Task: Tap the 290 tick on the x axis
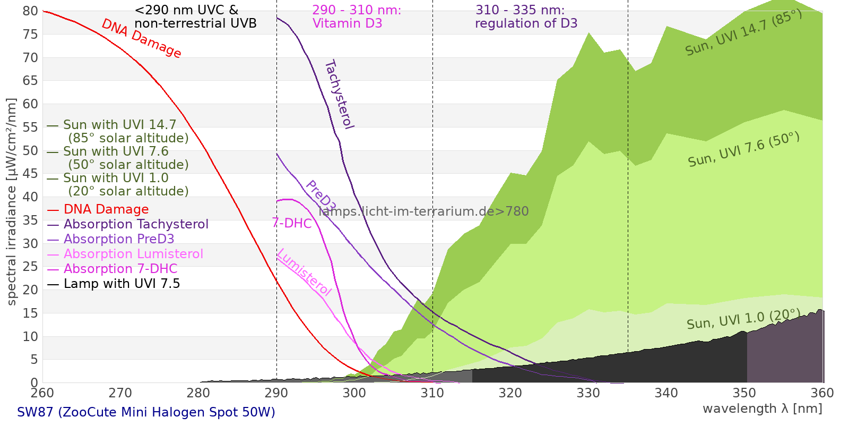click(x=276, y=393)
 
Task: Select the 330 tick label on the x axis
click(x=588, y=393)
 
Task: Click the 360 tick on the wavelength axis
click(x=822, y=393)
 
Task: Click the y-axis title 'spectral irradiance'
click(x=12, y=202)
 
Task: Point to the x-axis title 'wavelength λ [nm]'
click(x=762, y=409)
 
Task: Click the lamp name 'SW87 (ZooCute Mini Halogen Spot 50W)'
click(x=146, y=412)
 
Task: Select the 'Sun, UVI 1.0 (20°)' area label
click(x=743, y=319)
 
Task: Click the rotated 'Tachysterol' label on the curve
click(x=339, y=95)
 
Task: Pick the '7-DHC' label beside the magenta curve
click(x=292, y=223)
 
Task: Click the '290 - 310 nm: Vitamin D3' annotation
click(x=357, y=17)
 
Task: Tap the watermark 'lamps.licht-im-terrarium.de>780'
click(x=423, y=211)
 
